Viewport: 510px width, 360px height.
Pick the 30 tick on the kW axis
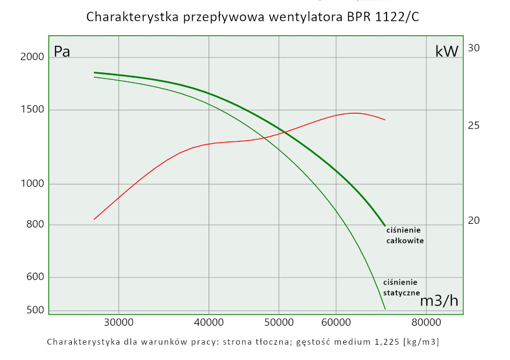pyautogui.click(x=474, y=48)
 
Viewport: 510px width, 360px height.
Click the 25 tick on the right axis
pyautogui.click(x=474, y=125)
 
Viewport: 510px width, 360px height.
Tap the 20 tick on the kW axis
pyautogui.click(x=474, y=221)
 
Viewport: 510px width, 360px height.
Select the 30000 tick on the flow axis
pyautogui.click(x=118, y=322)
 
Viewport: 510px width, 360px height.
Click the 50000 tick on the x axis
pyautogui.click(x=278, y=322)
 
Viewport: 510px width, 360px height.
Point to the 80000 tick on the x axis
pyautogui.click(x=426, y=322)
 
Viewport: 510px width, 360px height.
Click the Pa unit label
pyautogui.click(x=62, y=52)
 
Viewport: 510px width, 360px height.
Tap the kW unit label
pyautogui.click(x=447, y=52)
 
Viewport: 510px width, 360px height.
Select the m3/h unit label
pyautogui.click(x=439, y=301)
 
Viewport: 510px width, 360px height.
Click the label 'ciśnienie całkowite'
pyautogui.click(x=405, y=235)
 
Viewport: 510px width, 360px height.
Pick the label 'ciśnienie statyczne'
pyautogui.click(x=401, y=288)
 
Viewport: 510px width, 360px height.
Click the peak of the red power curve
pyautogui.click(x=355, y=113)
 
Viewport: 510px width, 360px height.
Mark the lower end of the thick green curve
pyautogui.click(x=385, y=225)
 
